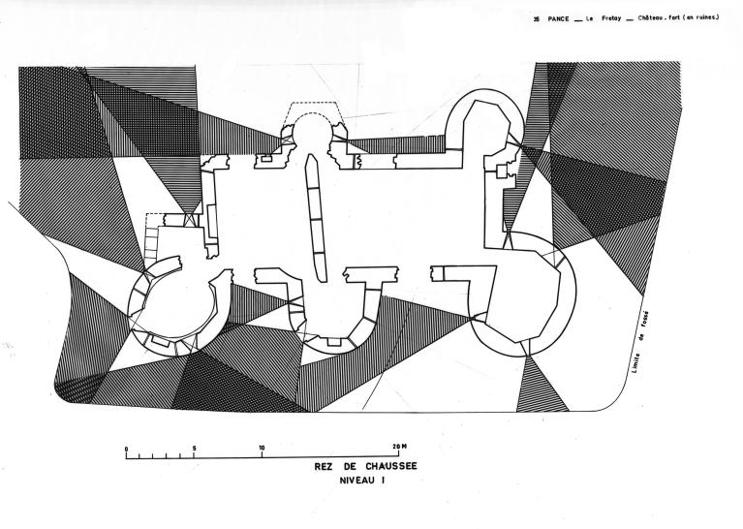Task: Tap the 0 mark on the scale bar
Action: (126, 448)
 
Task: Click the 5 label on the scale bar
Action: (195, 448)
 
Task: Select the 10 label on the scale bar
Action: (262, 448)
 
